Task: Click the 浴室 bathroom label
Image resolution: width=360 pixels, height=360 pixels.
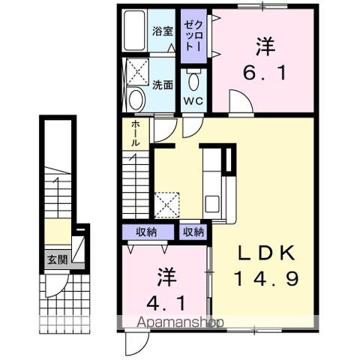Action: (x=163, y=31)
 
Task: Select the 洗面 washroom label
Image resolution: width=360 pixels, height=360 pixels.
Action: (x=163, y=85)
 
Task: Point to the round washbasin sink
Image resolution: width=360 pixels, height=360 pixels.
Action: (x=136, y=99)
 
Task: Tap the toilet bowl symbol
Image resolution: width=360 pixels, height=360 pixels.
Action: (x=194, y=79)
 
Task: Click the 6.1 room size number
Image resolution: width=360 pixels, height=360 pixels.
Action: (x=263, y=74)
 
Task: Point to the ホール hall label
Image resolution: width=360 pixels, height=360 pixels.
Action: (x=135, y=133)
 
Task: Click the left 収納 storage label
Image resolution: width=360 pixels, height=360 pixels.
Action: (x=146, y=232)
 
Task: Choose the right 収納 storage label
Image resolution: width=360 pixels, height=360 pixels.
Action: (x=193, y=232)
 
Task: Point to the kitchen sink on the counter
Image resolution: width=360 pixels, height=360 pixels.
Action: (x=212, y=202)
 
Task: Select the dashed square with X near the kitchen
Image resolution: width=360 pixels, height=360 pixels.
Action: (x=165, y=203)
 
